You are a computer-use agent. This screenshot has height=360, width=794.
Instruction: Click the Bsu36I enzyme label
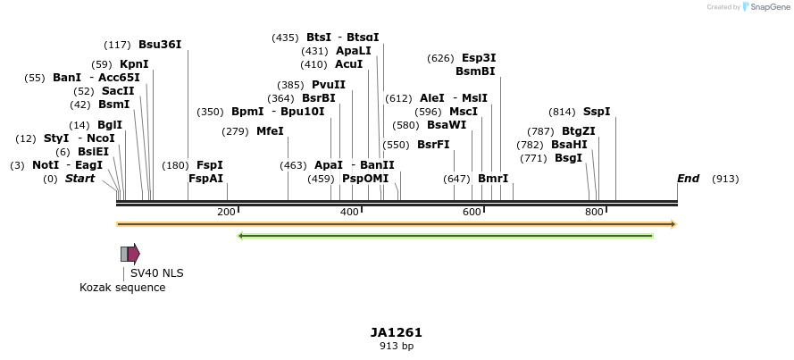pos(160,45)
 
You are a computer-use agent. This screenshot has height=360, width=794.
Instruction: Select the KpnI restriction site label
pos(134,64)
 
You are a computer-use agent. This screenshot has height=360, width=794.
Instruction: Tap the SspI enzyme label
pos(597,112)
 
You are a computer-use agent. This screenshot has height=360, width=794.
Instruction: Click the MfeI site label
pos(270,131)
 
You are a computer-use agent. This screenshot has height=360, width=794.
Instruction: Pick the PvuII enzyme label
pos(329,85)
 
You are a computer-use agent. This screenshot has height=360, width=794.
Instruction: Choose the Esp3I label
pos(479,58)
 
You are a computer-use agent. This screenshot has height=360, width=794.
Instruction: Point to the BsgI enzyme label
pos(569,158)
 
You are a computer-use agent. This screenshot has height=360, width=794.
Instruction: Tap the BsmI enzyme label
pos(113,105)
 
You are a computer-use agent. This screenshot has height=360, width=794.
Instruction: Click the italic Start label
pos(79,179)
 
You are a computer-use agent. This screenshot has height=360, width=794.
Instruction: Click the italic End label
pos(688,179)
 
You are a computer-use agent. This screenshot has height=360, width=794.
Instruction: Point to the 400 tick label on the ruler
pos(348,212)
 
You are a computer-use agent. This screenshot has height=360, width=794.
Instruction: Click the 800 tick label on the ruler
pos(594,212)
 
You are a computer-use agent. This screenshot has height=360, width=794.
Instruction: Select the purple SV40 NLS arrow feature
pos(134,254)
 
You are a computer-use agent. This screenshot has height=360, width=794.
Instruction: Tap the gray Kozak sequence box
pos(124,254)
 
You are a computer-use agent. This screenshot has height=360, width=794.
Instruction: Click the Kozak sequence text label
pos(122,288)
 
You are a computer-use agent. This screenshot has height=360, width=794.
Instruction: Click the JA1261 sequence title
pos(396,332)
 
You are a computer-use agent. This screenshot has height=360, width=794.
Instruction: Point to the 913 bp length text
pos(396,347)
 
